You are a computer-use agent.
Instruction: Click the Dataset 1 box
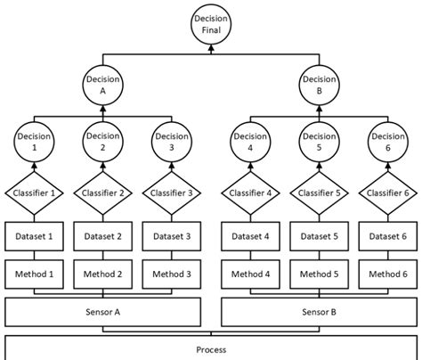coord(33,236)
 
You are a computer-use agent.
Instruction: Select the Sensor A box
coord(103,313)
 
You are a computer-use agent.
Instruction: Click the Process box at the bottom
coord(210,349)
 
